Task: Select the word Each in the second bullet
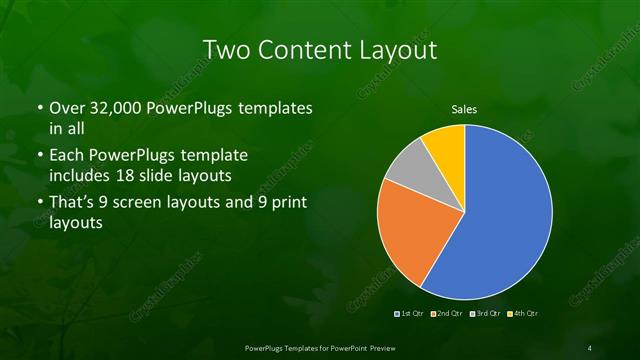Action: [66, 157]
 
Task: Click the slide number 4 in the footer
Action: [591, 346]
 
